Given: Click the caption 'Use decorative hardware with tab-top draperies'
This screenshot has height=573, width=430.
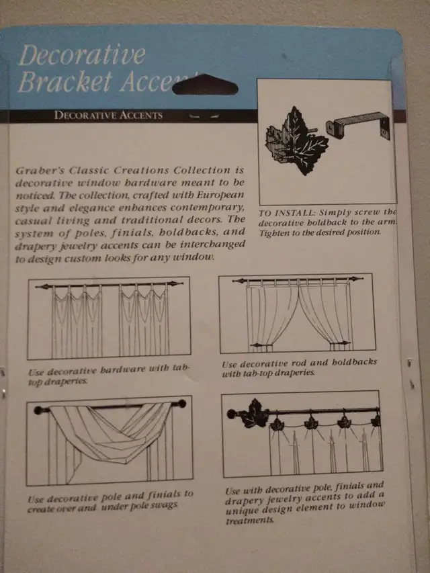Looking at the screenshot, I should tap(110, 375).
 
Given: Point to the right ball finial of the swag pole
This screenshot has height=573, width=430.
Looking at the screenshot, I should tap(180, 405).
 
